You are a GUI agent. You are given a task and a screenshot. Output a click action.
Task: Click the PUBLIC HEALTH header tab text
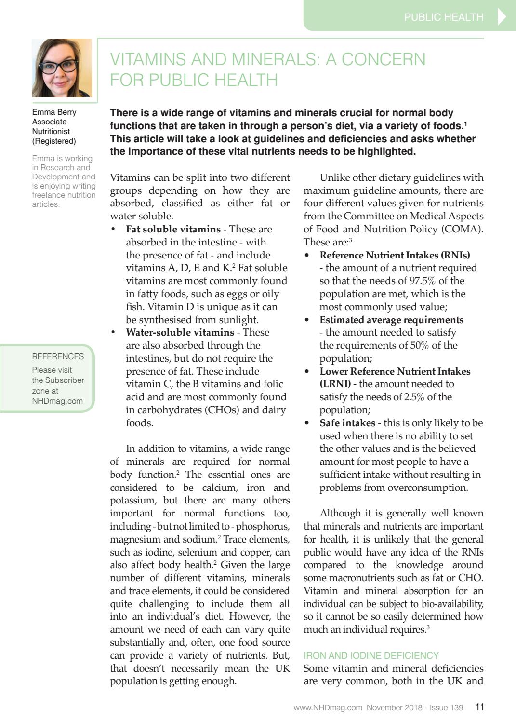[443, 17]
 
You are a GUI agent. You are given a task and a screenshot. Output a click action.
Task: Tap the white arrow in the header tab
[502, 16]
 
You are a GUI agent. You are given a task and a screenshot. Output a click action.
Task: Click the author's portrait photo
[62, 68]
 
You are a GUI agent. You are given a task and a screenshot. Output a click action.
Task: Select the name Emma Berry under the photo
[54, 112]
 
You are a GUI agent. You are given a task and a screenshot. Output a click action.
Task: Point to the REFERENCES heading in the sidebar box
[58, 356]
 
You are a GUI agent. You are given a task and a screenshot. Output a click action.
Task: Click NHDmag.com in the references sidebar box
[57, 401]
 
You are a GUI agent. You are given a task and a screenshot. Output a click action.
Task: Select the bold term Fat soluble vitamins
[173, 229]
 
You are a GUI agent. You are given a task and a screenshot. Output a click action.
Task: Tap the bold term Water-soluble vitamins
[180, 332]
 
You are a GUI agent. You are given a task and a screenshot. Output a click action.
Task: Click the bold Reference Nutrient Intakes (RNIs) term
[395, 255]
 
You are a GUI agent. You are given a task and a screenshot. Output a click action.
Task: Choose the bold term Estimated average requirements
[391, 320]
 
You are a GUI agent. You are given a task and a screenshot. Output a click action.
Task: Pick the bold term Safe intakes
[347, 423]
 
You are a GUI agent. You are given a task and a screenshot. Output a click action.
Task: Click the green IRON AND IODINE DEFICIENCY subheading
[371, 655]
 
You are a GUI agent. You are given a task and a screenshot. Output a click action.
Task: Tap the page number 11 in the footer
[479, 707]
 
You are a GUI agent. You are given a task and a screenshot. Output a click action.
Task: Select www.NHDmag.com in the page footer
[328, 707]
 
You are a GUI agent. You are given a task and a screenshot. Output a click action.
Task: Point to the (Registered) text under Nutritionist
[54, 141]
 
